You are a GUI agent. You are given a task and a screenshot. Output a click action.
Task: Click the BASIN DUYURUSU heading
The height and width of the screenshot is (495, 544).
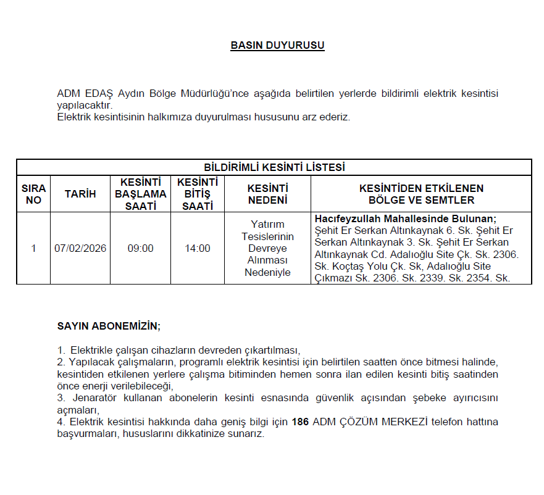[x=277, y=45]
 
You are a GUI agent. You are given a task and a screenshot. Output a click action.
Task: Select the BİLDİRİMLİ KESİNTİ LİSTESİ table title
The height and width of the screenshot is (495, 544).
[x=274, y=167]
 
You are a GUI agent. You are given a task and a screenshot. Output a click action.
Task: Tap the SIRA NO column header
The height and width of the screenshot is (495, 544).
[x=34, y=194]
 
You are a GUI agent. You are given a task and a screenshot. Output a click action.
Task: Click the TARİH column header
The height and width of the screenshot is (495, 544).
[x=80, y=194]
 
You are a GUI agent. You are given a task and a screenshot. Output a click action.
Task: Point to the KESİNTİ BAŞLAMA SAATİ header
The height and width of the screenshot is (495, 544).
[x=141, y=194]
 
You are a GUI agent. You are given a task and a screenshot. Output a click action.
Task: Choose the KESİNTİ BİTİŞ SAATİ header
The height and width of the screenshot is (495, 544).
[x=198, y=194]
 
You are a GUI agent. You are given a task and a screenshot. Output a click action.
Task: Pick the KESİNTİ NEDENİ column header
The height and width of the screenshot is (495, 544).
[x=267, y=194]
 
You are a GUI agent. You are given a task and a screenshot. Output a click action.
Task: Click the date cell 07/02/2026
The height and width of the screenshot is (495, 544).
[x=80, y=248]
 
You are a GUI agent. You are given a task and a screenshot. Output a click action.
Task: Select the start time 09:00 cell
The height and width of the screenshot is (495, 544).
[x=141, y=248]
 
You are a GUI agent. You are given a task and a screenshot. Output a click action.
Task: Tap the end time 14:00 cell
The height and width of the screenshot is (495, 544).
[x=198, y=248]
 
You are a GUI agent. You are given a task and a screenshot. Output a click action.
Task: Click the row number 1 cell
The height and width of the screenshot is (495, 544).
[x=34, y=248]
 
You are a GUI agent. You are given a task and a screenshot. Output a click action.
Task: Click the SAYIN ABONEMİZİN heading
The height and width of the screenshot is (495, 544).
[x=109, y=325]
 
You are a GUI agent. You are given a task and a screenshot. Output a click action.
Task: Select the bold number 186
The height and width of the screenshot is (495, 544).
[x=301, y=422]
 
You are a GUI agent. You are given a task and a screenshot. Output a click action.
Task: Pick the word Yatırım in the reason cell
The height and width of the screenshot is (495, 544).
[x=267, y=224]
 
